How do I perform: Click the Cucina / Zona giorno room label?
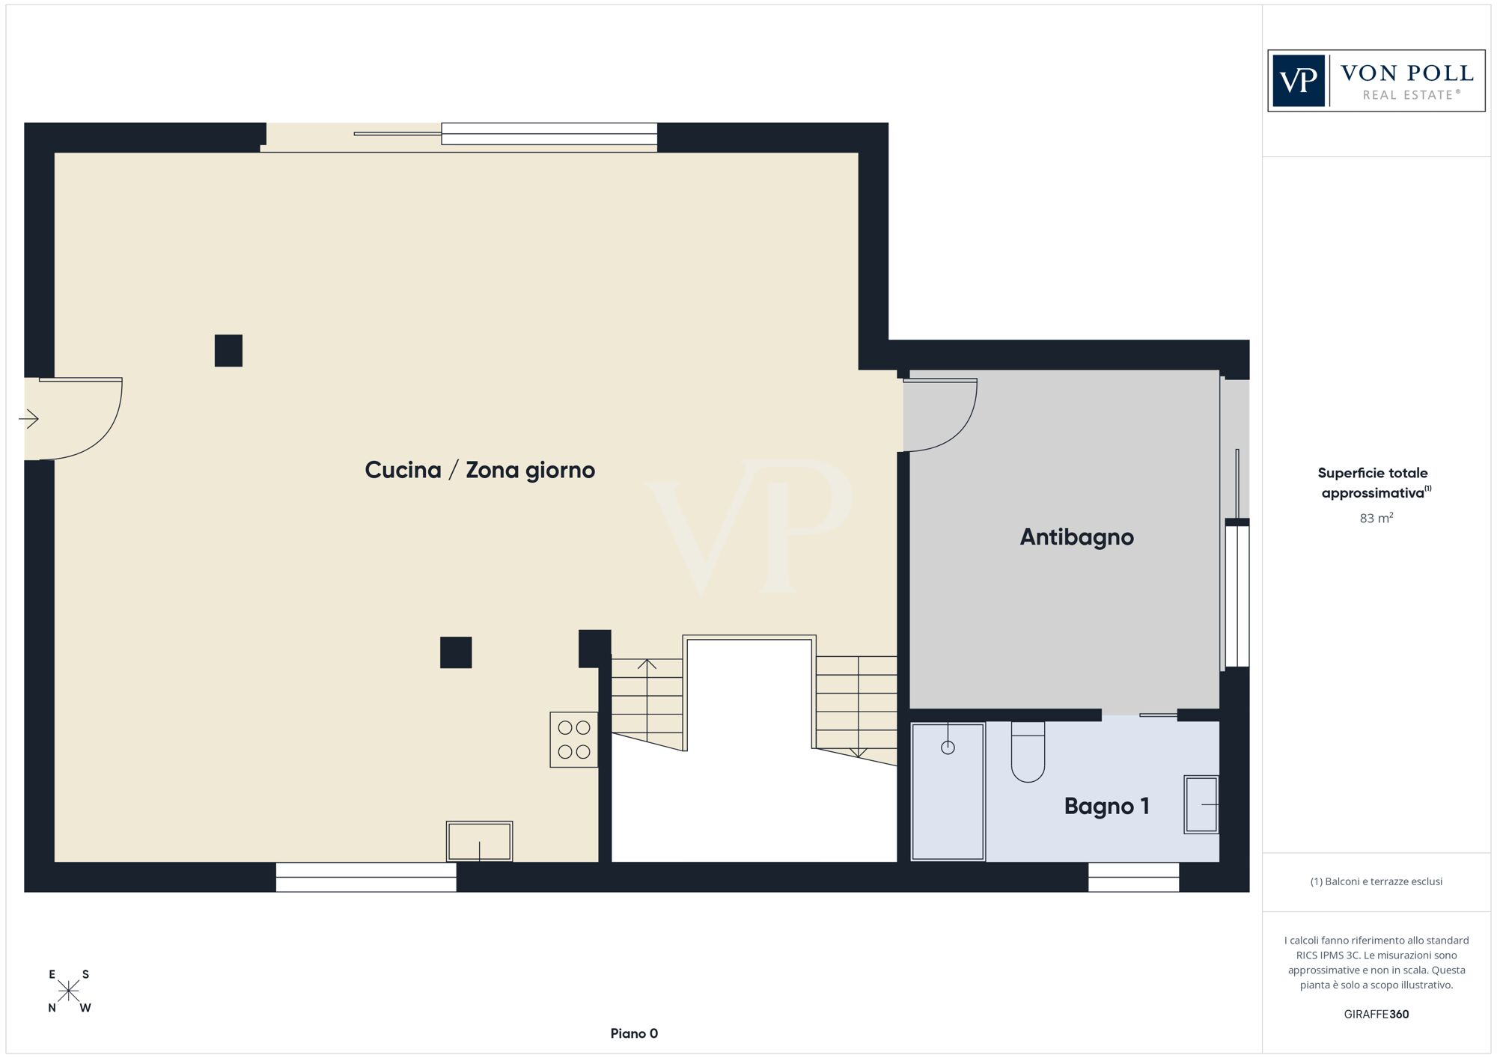point(480,470)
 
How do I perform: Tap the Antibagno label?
point(1076,536)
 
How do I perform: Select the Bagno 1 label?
point(1106,806)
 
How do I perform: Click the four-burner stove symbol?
point(574,739)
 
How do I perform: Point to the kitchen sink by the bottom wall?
point(479,841)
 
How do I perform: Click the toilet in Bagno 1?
point(1028,751)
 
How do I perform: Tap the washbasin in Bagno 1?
point(1201,804)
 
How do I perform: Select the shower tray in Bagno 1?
point(948,792)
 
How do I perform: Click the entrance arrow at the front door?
point(28,419)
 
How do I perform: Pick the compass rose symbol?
point(69,991)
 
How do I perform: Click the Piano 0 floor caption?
point(634,1033)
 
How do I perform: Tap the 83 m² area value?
point(1376,518)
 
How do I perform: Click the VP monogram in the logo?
point(1299,81)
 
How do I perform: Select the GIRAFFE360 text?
point(1376,1015)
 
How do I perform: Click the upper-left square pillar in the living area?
point(228,350)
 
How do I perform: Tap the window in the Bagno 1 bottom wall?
point(1133,877)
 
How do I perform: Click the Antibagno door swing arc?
point(959,434)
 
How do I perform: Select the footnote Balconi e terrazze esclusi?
point(1376,881)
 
